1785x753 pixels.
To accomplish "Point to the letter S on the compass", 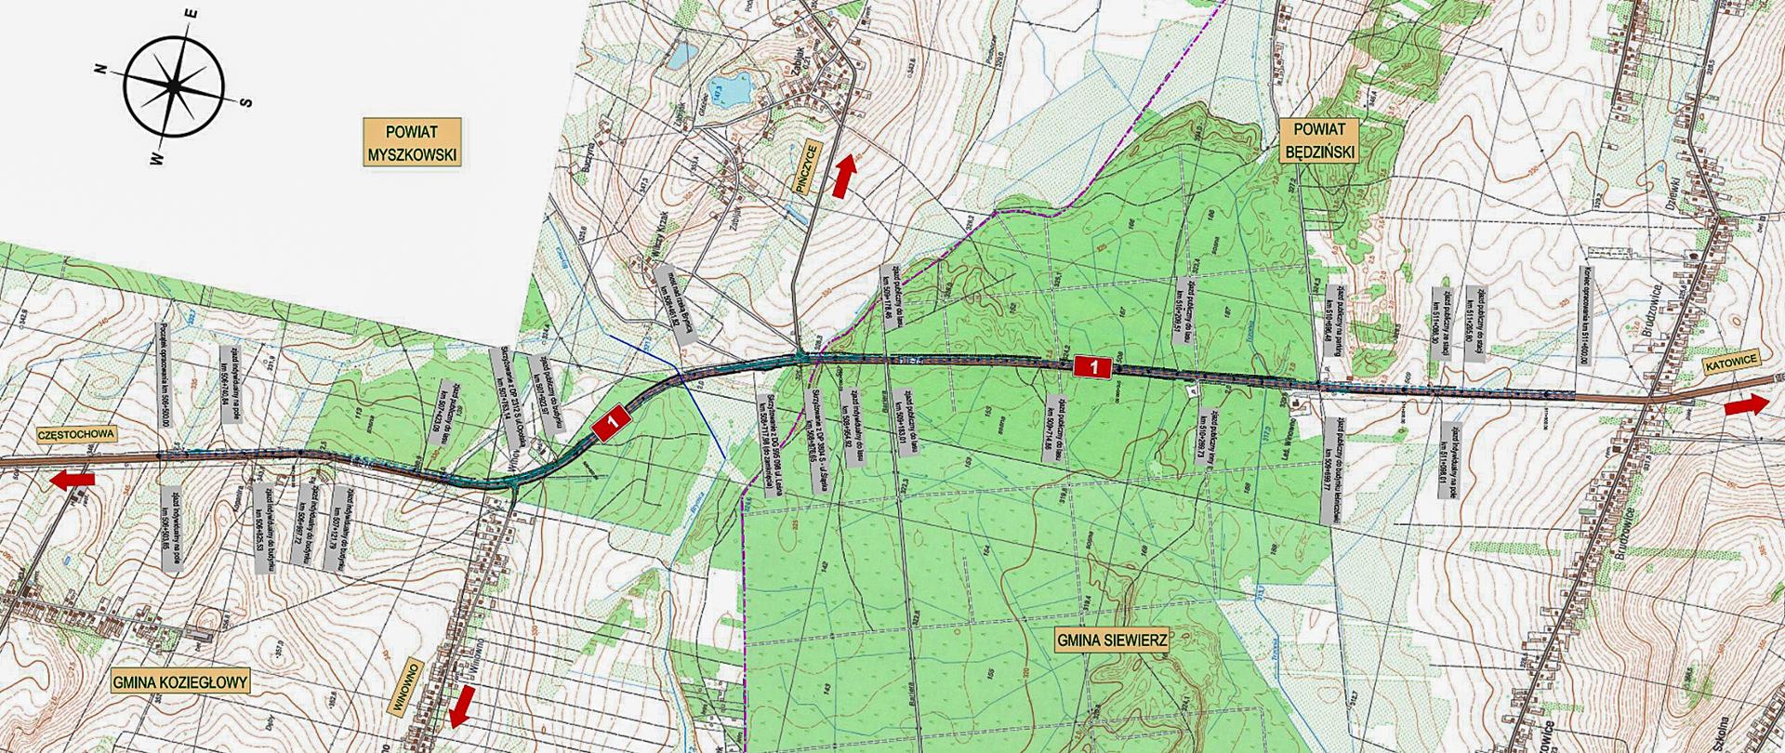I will coord(245,102).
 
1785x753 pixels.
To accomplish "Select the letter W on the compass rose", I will coord(155,159).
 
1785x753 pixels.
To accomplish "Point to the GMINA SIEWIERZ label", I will coord(1110,641).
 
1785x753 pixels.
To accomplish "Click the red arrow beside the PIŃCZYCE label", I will coord(842,177).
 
